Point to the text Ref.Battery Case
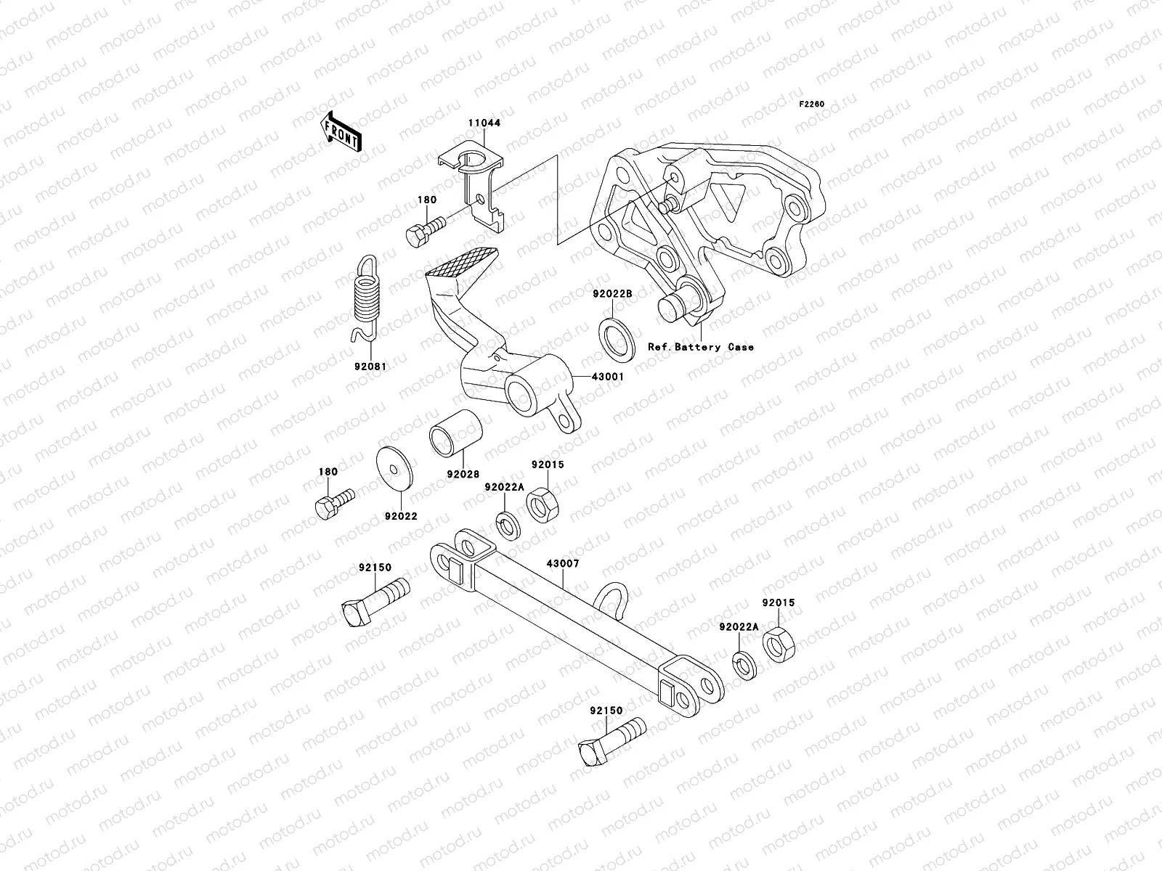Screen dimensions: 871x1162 701,347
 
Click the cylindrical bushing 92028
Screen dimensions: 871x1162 456,434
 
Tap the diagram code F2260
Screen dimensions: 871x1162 812,105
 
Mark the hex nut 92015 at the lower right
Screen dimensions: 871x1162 779,643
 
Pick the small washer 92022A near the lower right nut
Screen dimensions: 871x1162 744,665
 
